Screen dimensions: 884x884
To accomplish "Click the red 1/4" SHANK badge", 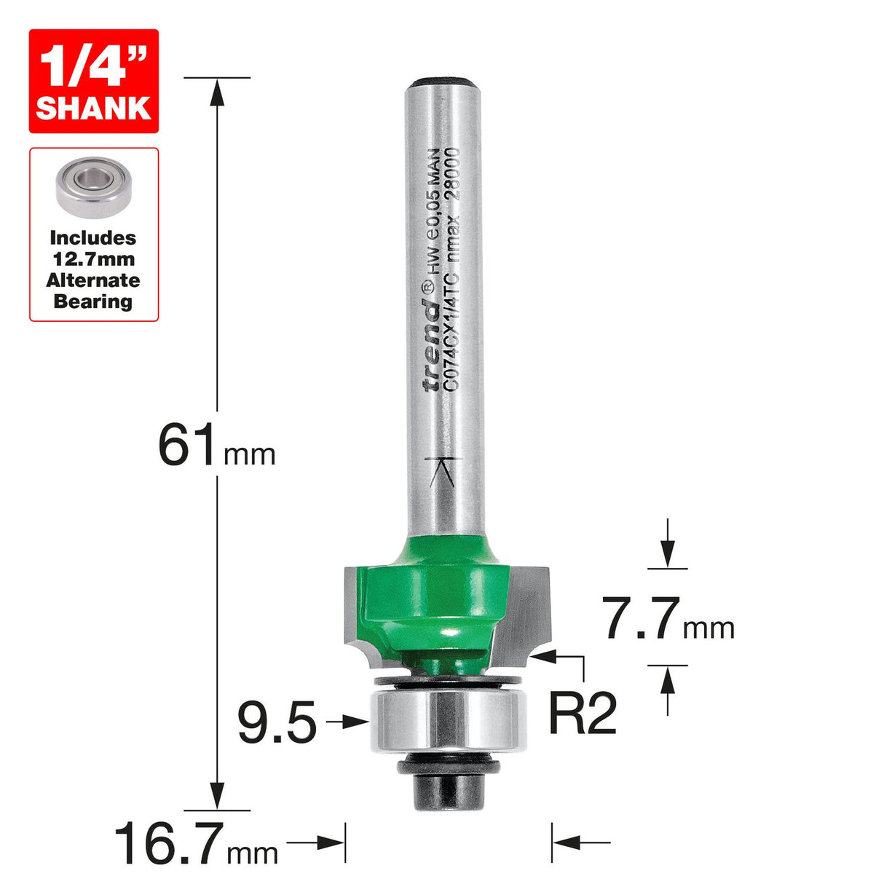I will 93,81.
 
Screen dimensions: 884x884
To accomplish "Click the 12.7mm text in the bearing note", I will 93,259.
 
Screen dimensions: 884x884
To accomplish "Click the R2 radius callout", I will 583,714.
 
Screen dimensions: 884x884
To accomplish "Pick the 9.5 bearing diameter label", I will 277,724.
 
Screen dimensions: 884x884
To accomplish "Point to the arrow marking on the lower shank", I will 443,472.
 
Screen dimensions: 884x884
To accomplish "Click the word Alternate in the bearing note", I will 93,280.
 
